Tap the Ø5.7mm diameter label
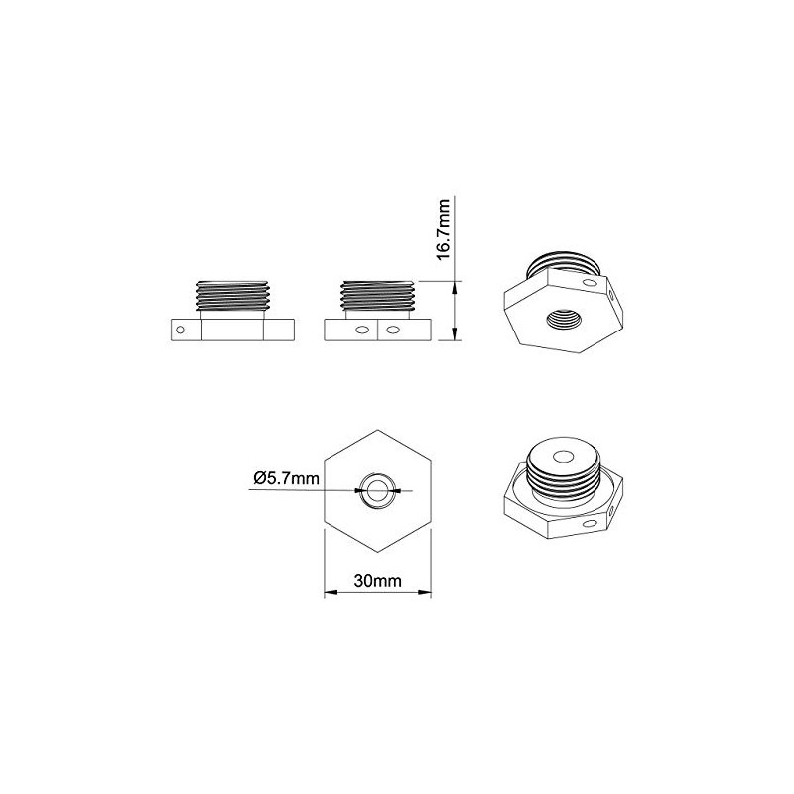[x=287, y=478]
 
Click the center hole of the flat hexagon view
[x=377, y=489]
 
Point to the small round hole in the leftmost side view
[x=180, y=330]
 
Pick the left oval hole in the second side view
[x=362, y=330]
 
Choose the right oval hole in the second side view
[x=394, y=330]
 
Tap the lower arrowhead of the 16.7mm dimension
[x=455, y=336]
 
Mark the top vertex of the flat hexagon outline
[x=377, y=430]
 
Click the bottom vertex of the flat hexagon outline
[x=377, y=549]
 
